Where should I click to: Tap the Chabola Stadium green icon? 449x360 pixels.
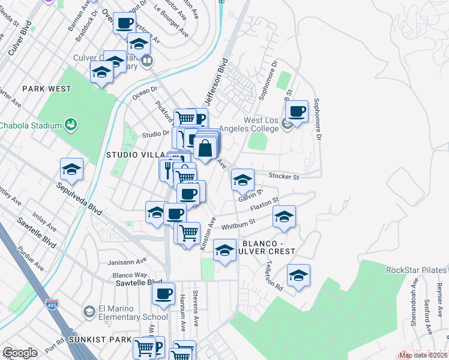(71, 125)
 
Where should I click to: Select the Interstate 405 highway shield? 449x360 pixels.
(50, 305)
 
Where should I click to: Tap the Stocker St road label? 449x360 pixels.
(283, 177)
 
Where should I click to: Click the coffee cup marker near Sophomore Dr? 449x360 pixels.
(297, 111)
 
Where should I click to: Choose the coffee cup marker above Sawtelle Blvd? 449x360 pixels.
(163, 294)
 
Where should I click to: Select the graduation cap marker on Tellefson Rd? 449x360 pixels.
(298, 275)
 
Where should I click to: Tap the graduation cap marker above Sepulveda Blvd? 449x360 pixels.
(72, 169)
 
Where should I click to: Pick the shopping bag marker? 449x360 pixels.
(205, 147)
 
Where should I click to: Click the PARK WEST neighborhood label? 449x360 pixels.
(47, 89)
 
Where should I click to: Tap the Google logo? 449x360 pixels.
(20, 353)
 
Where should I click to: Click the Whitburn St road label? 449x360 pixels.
(238, 224)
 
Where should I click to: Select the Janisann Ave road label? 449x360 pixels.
(127, 262)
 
